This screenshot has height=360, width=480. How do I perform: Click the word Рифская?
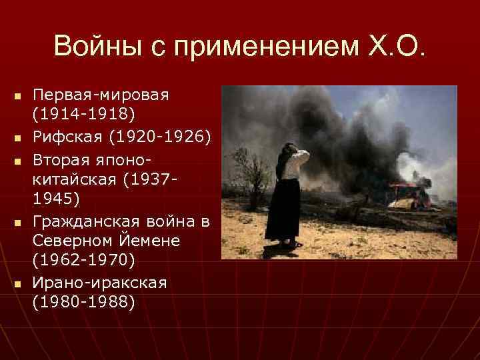tap(63, 137)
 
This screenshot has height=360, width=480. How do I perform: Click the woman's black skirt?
tap(283, 207)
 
